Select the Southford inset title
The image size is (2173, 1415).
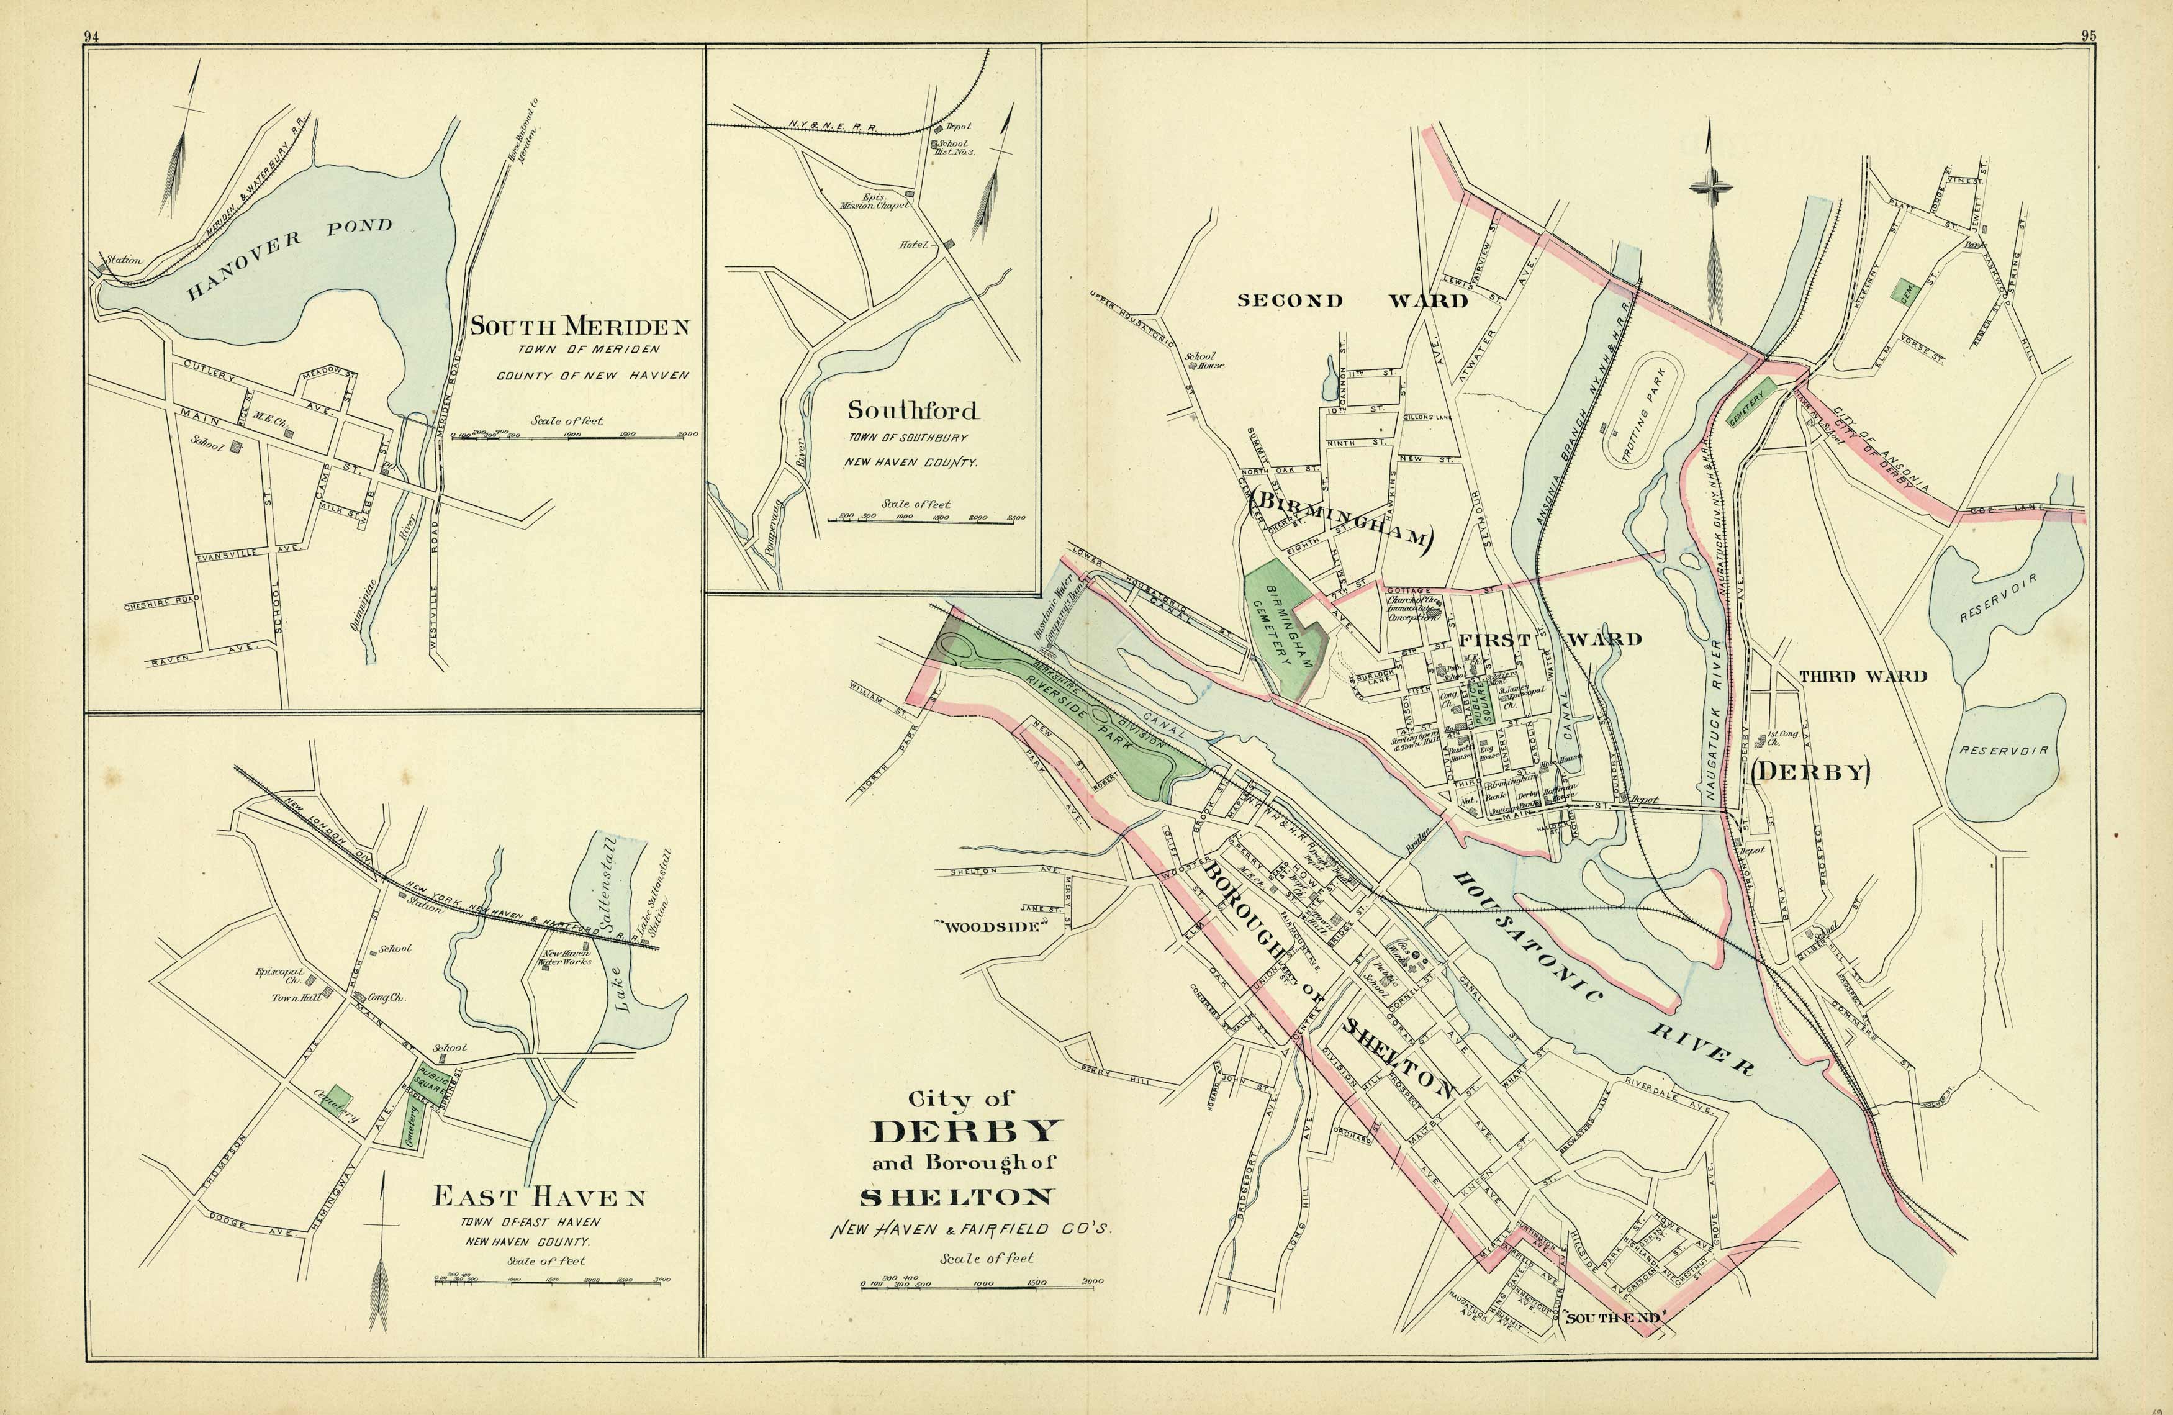(x=912, y=410)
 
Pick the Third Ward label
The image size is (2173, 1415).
(x=1863, y=677)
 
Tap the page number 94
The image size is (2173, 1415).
(x=91, y=37)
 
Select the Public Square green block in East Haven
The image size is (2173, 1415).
(x=432, y=1083)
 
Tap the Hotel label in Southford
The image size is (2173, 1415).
(x=916, y=245)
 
